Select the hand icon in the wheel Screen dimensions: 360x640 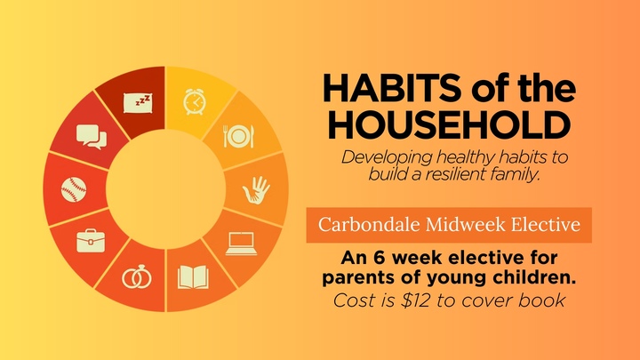(258, 188)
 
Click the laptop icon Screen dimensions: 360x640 (241, 243)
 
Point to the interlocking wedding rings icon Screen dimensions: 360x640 (137, 277)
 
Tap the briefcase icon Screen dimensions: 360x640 (89, 241)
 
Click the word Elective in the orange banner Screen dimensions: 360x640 (548, 225)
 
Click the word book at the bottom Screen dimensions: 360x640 (543, 300)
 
